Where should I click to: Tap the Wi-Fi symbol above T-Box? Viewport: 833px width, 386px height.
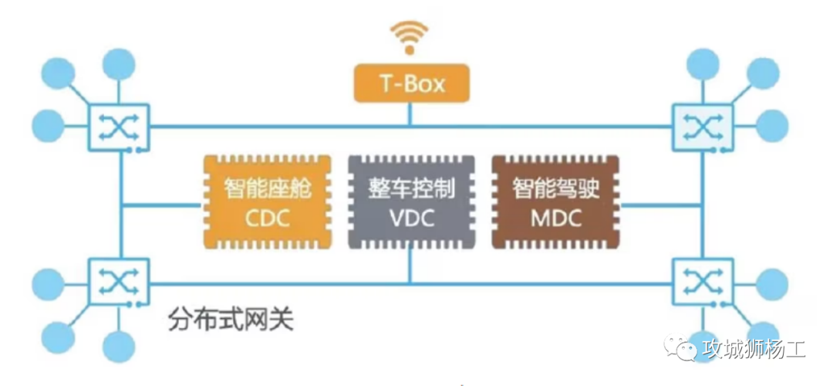[410, 36]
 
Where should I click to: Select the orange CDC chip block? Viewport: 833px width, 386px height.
[267, 202]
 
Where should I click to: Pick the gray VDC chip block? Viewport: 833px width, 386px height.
[411, 202]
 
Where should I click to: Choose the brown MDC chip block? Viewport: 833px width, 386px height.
[555, 202]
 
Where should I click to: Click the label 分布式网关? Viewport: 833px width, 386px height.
[231, 320]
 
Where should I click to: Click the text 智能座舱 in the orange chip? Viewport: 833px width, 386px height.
[267, 188]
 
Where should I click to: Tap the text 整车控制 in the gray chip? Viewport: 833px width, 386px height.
[411, 188]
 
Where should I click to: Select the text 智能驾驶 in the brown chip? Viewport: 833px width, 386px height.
[555, 188]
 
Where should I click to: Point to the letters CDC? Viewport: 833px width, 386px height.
[267, 218]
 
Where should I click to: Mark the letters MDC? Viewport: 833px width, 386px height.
[555, 218]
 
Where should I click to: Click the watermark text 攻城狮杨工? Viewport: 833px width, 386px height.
[754, 349]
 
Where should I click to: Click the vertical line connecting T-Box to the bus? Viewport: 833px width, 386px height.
[410, 113]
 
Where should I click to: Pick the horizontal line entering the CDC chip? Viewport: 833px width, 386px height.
[162, 205]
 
